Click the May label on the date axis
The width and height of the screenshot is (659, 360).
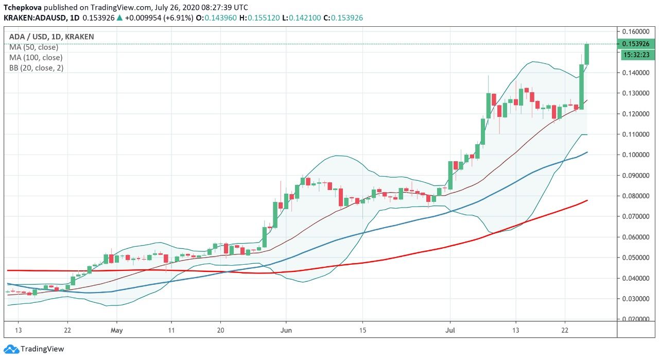(117, 330)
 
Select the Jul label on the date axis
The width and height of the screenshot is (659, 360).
(450, 330)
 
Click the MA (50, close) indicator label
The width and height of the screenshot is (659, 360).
(33, 47)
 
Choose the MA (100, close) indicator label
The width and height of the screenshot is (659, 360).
(36, 58)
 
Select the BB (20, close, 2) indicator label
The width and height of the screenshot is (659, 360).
(36, 68)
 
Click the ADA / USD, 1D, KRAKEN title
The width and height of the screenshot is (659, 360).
(51, 37)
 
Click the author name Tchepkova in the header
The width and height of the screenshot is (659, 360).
(23, 8)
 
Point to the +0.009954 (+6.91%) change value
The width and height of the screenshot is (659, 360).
(159, 18)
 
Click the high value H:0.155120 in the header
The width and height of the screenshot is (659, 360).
(264, 18)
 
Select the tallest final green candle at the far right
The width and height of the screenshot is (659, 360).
(586, 54)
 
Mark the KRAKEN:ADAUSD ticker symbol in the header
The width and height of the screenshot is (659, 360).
(34, 18)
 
